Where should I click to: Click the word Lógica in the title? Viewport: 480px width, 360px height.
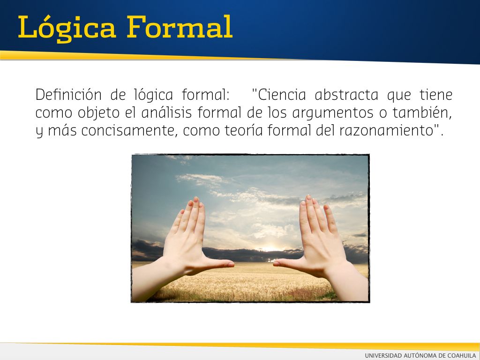point(67,28)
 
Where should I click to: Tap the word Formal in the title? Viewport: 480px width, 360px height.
point(180,27)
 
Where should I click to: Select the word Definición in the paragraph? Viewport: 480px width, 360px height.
point(68,94)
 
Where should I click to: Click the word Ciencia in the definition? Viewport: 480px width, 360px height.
point(279,94)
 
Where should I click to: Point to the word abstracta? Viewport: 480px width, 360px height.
point(346,94)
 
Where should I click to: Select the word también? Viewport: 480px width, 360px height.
point(422,112)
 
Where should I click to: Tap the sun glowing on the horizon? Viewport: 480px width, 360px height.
point(270,248)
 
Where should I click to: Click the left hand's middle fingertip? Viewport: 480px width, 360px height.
point(196,201)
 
